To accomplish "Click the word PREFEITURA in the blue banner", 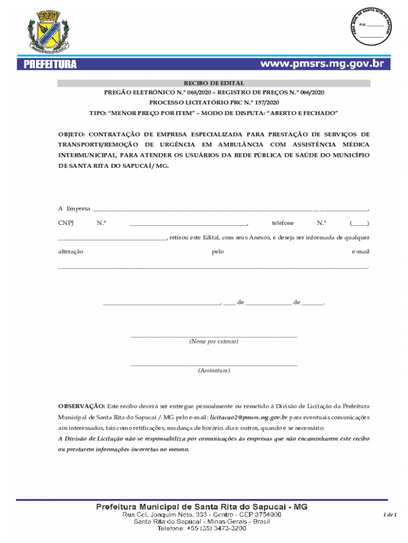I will (x=50, y=65).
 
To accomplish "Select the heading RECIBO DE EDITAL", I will (x=214, y=83).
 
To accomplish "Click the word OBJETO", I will (x=71, y=134).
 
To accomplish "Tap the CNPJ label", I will (x=66, y=223).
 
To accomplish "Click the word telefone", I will (x=282, y=223).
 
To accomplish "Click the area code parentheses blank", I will (x=359, y=223).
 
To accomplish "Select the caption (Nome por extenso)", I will (x=214, y=341).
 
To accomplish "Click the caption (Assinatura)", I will (x=214, y=370).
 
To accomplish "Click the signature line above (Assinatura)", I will (x=214, y=365).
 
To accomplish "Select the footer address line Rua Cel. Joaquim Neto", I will (x=202, y=514).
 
